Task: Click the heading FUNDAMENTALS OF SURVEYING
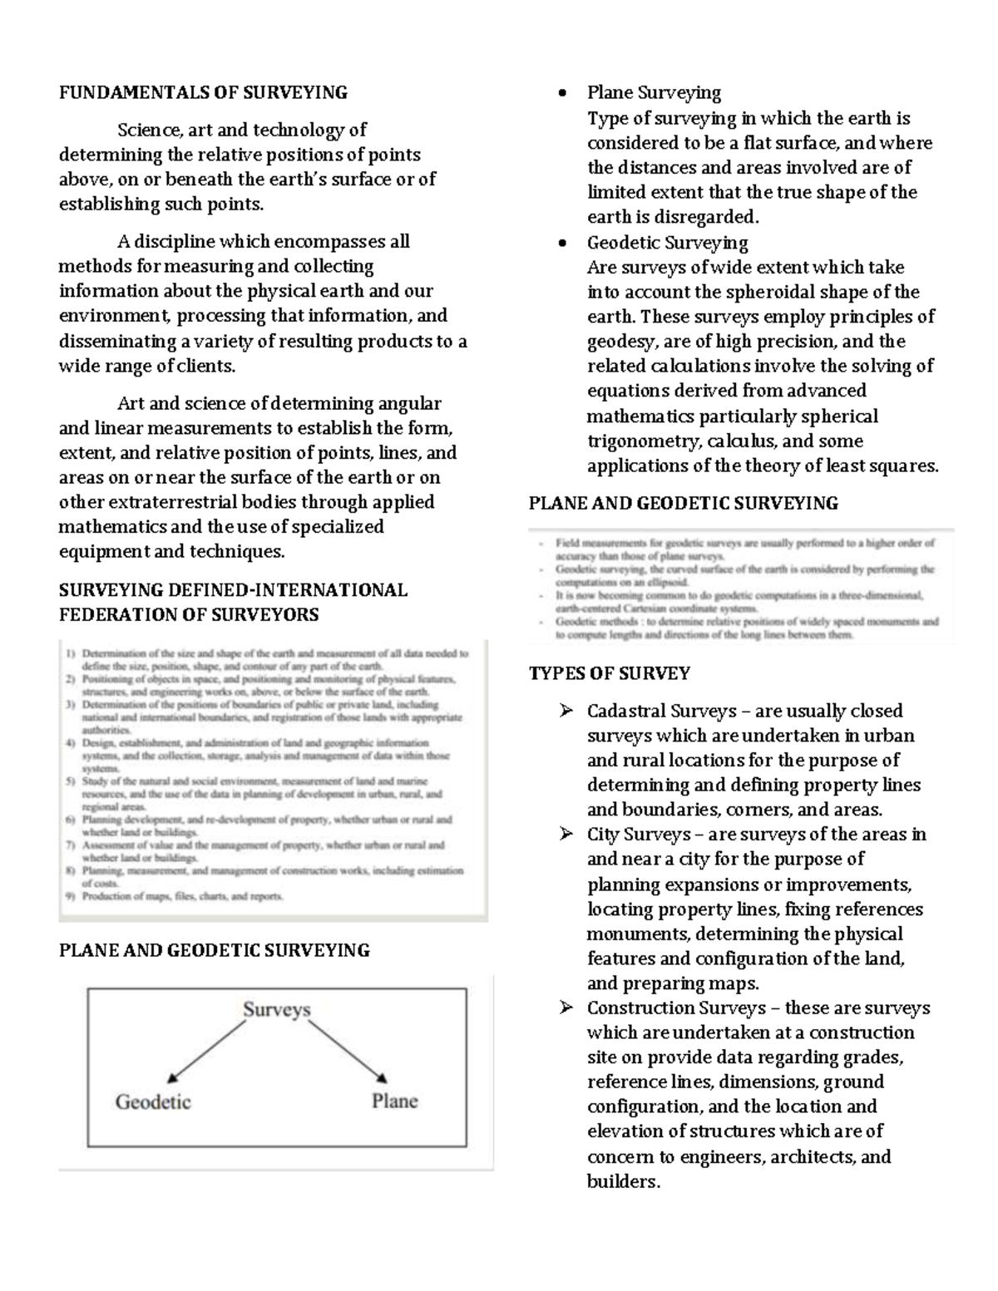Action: (x=203, y=92)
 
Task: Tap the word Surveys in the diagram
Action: (x=276, y=1009)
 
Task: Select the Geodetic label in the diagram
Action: (x=153, y=1101)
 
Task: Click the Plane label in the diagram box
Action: (x=394, y=1101)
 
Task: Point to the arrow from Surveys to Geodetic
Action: (x=203, y=1052)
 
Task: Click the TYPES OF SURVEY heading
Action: (x=610, y=673)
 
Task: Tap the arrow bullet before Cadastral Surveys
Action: (x=566, y=711)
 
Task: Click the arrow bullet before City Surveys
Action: (x=566, y=834)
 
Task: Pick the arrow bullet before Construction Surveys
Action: (x=566, y=1008)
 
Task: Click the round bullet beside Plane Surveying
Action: (x=564, y=93)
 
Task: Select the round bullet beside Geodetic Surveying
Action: (x=564, y=244)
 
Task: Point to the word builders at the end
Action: (x=622, y=1181)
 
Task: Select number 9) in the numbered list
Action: (x=71, y=897)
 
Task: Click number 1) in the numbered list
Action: (x=71, y=653)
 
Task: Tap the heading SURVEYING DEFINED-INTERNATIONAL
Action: (x=233, y=590)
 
